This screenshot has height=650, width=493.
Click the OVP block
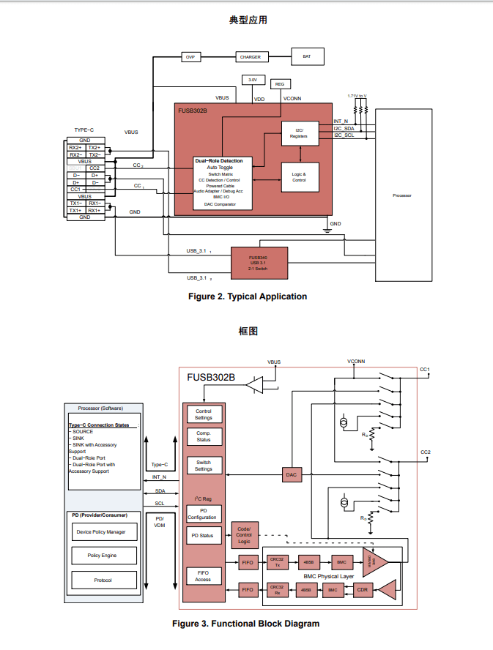point(189,57)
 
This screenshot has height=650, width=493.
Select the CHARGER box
point(250,57)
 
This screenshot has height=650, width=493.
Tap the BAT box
point(306,56)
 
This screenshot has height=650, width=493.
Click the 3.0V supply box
point(252,79)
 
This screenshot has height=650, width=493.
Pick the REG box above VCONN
point(280,84)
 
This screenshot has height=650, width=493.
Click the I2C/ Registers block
point(299,133)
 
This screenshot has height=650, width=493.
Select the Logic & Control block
point(299,177)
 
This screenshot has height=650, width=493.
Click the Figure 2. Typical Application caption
point(248,296)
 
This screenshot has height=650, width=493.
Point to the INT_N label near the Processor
point(341,121)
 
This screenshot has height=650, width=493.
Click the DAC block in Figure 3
point(292,475)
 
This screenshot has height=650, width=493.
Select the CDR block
point(361,589)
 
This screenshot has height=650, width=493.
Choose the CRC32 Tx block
point(277,562)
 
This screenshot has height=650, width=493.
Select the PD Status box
point(203,537)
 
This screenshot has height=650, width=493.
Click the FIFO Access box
point(203,576)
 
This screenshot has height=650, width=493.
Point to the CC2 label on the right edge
point(425,452)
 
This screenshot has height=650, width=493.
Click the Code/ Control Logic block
point(244,535)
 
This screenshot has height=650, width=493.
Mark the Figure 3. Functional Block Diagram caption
point(245,624)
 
